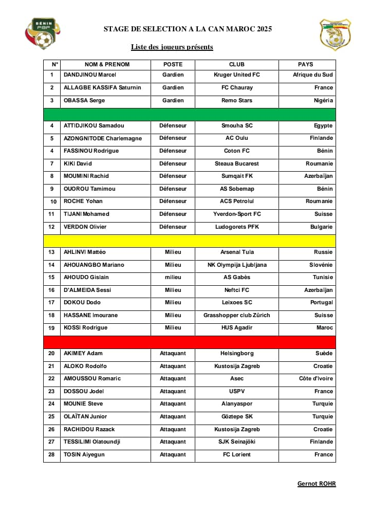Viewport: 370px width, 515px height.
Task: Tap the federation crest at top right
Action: point(335,34)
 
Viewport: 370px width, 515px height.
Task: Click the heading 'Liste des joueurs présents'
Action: point(172,47)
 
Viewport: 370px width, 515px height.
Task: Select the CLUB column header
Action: point(236,65)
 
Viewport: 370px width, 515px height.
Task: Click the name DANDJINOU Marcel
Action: point(90,75)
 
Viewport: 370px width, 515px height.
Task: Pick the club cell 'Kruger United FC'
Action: point(236,75)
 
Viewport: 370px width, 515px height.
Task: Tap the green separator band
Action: point(189,114)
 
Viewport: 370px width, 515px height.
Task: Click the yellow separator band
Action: point(189,240)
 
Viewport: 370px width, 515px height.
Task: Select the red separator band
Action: point(189,341)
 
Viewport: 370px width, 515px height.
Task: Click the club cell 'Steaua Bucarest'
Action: point(236,164)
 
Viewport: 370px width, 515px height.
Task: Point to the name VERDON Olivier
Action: point(85,227)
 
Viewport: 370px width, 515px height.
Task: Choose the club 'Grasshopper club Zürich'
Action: point(236,316)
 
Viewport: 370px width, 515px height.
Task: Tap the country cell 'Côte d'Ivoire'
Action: point(316,379)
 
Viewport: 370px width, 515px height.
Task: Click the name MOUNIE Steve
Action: point(83,404)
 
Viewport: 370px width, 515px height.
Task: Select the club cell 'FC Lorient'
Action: point(236,455)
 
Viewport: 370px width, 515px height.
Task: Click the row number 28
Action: point(51,455)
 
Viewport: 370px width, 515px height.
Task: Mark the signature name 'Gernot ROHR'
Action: point(316,484)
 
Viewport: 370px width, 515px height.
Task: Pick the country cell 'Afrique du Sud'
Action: point(312,75)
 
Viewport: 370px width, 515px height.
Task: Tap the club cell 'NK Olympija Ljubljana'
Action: point(236,265)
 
